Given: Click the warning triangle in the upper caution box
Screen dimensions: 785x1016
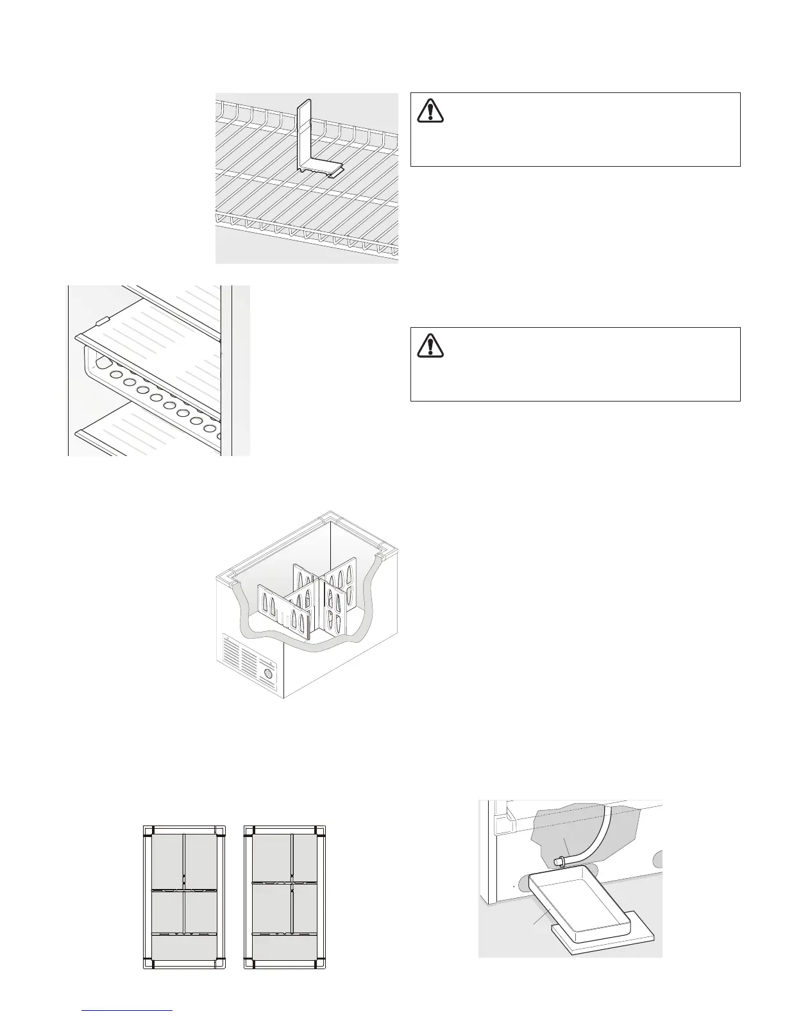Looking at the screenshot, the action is (x=430, y=110).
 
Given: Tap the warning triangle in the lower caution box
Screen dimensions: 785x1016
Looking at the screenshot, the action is (x=430, y=345).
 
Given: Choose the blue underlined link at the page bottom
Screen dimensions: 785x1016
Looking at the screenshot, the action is (x=128, y=1011).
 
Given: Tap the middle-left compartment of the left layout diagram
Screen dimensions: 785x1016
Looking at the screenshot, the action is (x=167, y=910).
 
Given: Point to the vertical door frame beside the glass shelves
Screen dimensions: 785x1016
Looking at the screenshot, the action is (x=226, y=371).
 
